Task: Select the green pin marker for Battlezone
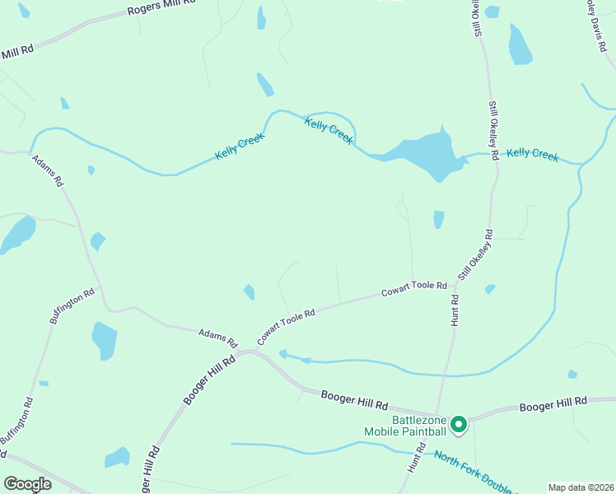(x=459, y=425)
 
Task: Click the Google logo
(x=27, y=484)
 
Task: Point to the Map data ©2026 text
(x=581, y=487)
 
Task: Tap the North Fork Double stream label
(x=473, y=472)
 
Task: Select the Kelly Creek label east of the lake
(x=532, y=154)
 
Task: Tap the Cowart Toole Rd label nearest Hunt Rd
(x=413, y=289)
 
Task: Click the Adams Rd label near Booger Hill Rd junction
(x=217, y=337)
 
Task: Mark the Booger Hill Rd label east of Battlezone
(x=553, y=403)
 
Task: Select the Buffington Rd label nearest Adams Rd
(x=72, y=305)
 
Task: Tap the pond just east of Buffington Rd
(x=105, y=340)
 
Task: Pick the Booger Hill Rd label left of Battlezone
(x=354, y=400)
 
